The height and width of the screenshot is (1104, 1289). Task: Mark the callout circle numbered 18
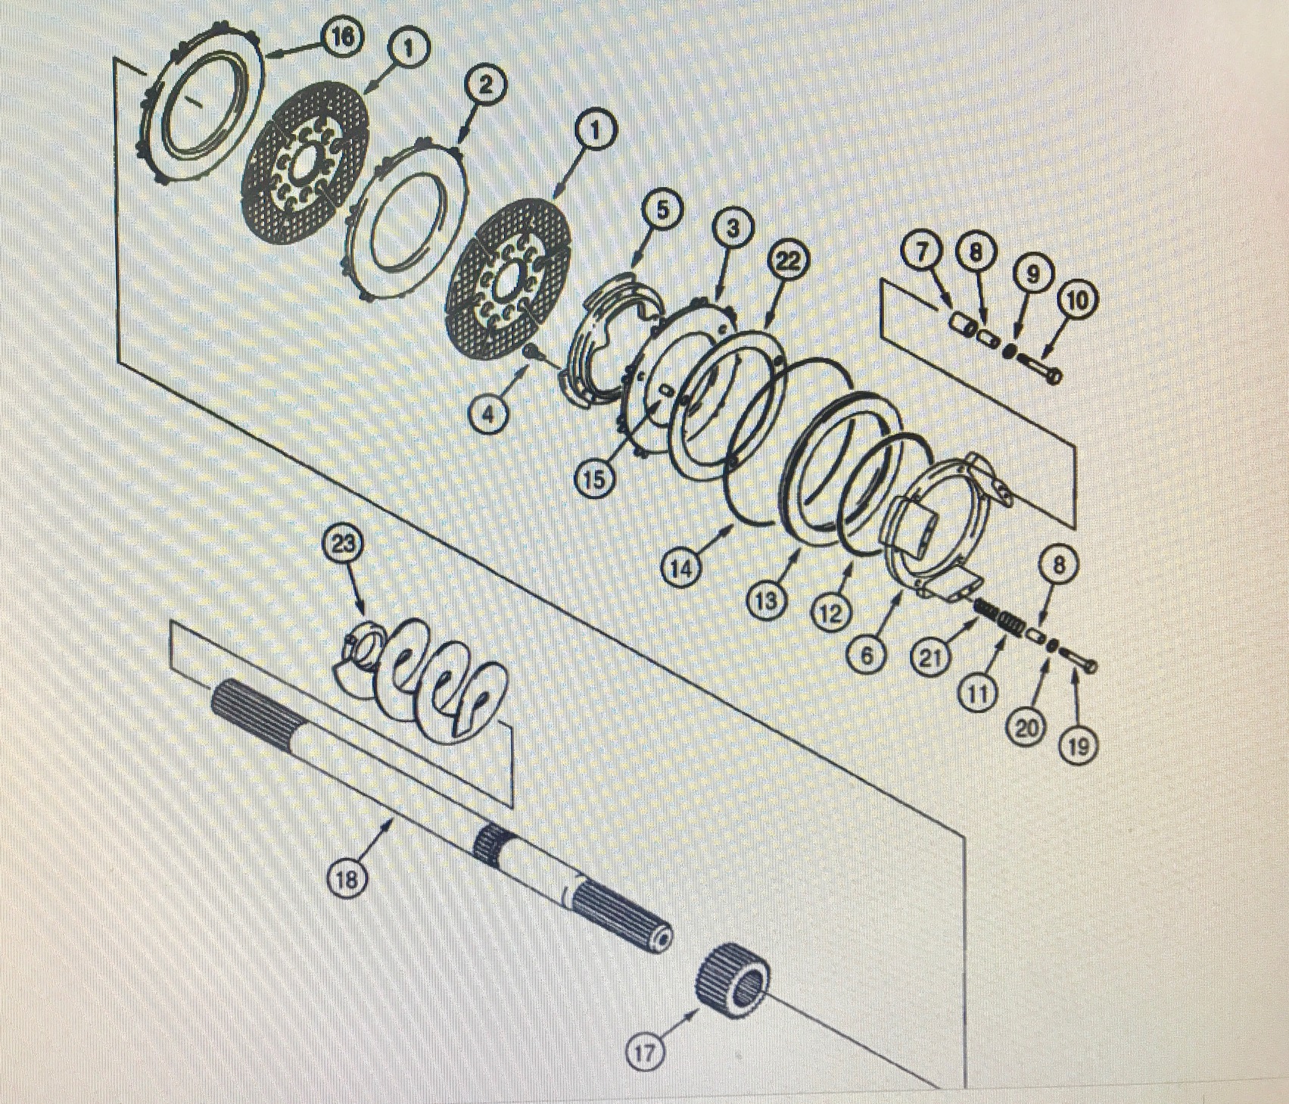347,880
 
